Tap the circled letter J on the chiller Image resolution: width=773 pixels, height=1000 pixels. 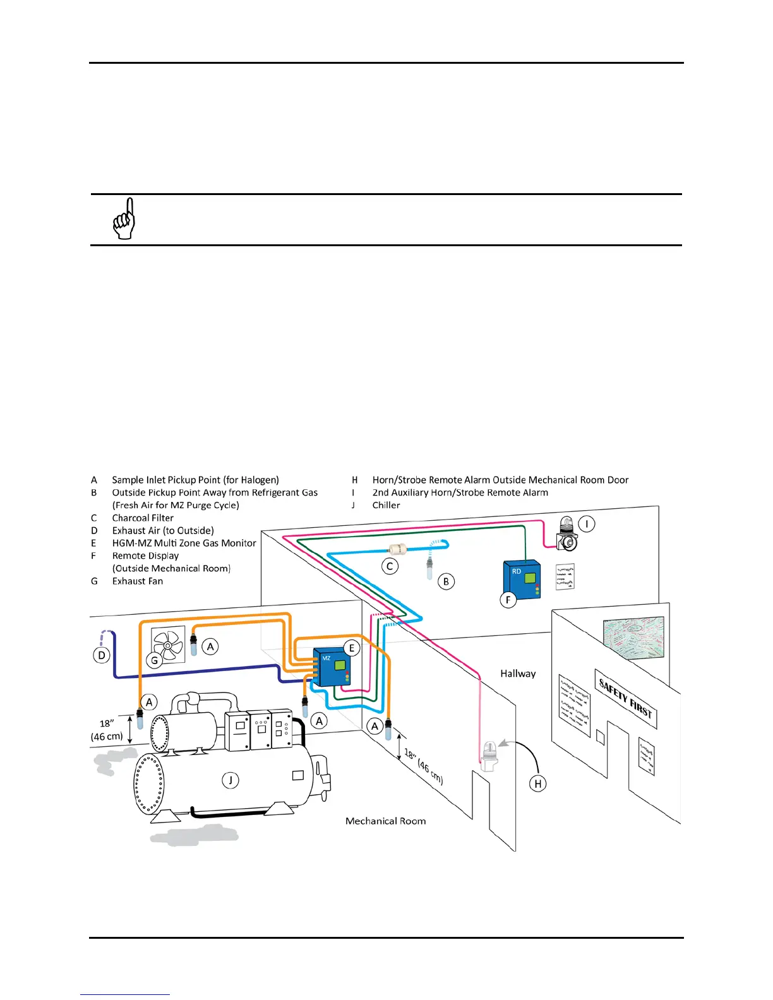point(231,780)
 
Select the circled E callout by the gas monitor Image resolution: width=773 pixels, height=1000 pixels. point(352,648)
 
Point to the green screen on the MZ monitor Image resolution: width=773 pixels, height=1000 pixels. point(340,665)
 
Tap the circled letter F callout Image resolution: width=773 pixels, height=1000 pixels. point(508,600)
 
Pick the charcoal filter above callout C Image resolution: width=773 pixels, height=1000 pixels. point(397,549)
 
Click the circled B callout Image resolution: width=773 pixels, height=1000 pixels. point(446,581)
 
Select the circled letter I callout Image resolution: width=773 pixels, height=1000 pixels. point(587,524)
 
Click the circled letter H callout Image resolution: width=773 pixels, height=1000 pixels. point(538,783)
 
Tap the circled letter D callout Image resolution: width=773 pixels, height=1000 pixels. point(102,655)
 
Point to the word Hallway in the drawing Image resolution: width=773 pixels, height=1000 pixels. point(518,674)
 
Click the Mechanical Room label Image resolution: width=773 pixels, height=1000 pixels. point(385,821)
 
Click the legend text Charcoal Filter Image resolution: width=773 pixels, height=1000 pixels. point(143,518)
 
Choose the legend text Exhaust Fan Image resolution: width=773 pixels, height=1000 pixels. point(138,581)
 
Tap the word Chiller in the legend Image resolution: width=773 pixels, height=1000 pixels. point(386,505)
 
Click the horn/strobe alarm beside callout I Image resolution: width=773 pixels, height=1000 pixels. point(566,533)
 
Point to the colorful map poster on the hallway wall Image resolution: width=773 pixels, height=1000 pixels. point(633,638)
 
